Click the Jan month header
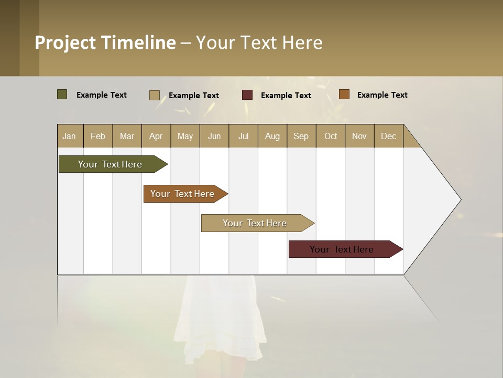[x=69, y=136]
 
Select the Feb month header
[x=98, y=136]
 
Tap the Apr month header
[x=156, y=136]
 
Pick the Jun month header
[x=214, y=136]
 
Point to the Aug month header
[x=272, y=136]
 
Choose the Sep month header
[x=301, y=136]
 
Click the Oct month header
[x=331, y=136]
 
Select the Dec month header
[x=388, y=136]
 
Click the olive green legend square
[x=62, y=94]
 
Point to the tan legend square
[x=154, y=95]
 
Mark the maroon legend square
[x=247, y=95]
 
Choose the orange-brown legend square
[x=344, y=94]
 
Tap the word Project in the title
[x=65, y=43]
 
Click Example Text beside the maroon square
[x=286, y=96]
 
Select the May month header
[x=185, y=136]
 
